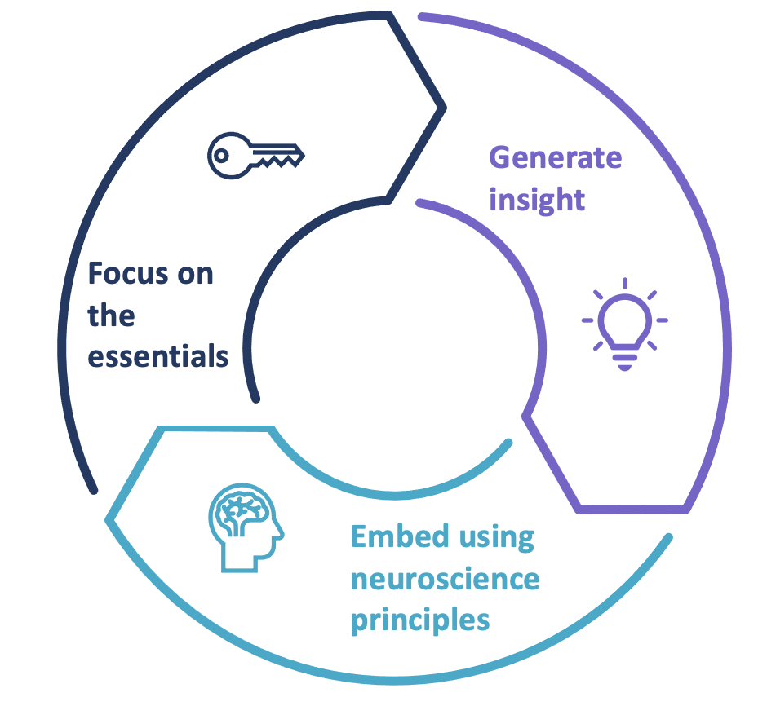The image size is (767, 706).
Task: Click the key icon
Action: (255, 155)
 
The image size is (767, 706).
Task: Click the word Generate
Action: (555, 157)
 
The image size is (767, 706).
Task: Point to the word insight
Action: (537, 199)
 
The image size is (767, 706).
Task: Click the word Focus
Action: (127, 273)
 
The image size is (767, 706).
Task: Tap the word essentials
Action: (158, 357)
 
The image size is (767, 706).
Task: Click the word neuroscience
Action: (445, 579)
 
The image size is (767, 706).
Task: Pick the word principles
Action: (420, 620)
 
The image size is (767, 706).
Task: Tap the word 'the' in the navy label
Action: (111, 315)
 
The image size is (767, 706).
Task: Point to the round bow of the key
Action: (225, 155)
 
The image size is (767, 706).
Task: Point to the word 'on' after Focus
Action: (195, 273)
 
